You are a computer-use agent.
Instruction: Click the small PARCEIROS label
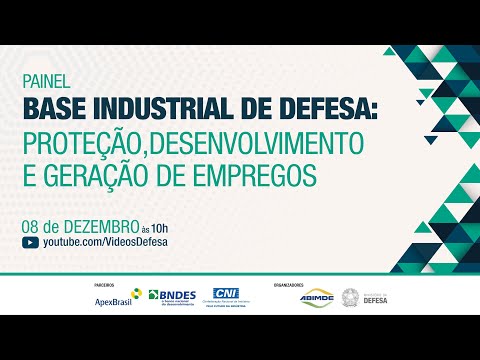[x=101, y=283]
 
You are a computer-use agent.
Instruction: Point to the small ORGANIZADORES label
[x=291, y=283]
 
